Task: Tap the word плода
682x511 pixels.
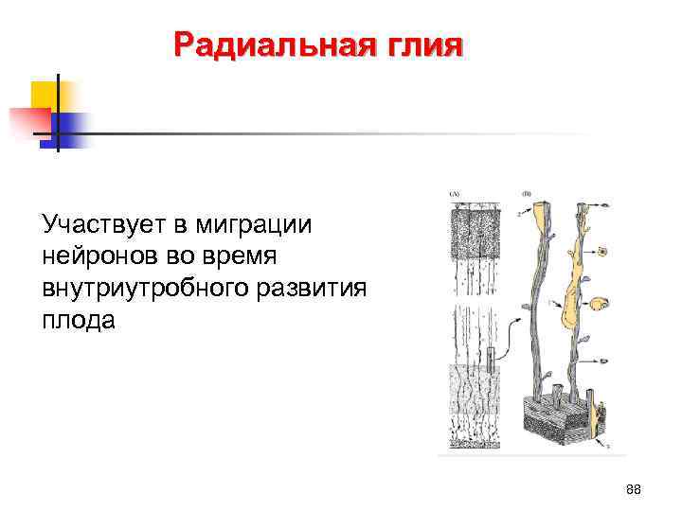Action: click(x=78, y=319)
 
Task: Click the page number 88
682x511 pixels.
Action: click(x=634, y=488)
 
